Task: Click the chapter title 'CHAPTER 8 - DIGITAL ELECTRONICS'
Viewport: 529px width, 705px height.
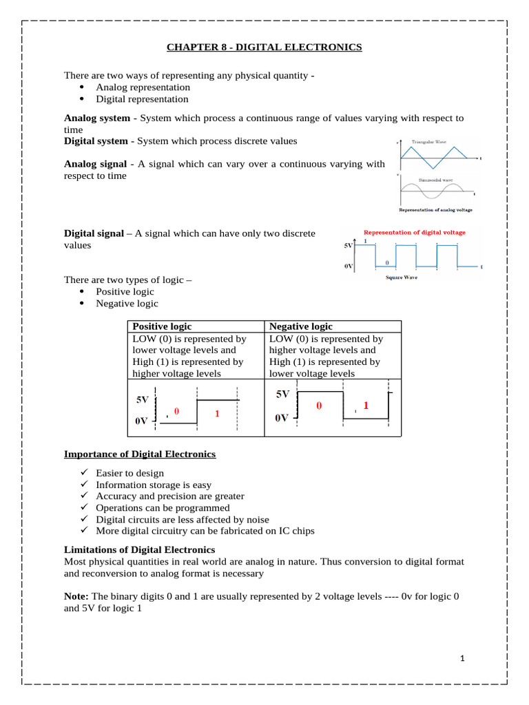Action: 264,47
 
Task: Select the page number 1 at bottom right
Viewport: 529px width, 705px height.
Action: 463,659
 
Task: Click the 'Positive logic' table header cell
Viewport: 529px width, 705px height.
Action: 162,326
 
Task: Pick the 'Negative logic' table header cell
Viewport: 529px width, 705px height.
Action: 300,326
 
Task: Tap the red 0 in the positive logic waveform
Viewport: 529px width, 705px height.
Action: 176,411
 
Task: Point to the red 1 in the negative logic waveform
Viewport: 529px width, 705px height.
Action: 366,406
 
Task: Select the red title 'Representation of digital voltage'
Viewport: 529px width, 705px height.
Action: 414,233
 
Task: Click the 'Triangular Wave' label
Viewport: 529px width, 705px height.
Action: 428,142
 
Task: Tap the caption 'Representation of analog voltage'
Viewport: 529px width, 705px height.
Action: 435,210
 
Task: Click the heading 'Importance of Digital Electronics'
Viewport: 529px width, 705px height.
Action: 140,454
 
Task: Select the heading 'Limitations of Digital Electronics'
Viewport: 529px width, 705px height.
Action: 139,549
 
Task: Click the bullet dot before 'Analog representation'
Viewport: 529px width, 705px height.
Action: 82,87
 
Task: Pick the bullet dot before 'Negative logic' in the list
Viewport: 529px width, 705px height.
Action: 82,304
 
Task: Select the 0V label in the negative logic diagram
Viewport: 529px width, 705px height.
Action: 282,418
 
